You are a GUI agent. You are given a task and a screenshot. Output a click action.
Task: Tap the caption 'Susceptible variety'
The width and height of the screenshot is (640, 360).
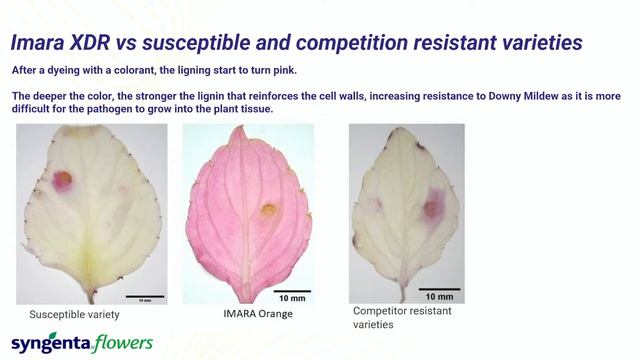pos(74,314)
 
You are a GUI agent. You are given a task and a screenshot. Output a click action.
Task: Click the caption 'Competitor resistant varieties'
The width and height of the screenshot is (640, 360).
pos(402,317)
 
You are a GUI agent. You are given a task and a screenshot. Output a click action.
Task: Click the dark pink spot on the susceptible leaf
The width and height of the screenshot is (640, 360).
pos(63,180)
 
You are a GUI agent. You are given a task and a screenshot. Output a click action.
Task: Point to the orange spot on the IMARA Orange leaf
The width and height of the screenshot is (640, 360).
pos(268,210)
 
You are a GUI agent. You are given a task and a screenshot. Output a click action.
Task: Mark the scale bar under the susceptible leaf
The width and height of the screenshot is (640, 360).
pos(144,296)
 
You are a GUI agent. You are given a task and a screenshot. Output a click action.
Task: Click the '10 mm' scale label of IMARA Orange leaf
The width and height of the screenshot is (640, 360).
pos(291,298)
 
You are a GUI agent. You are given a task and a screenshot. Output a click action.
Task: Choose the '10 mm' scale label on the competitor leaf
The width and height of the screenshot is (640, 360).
pos(439,296)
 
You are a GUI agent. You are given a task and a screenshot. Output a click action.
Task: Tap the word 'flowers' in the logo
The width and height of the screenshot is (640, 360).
pos(124,343)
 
